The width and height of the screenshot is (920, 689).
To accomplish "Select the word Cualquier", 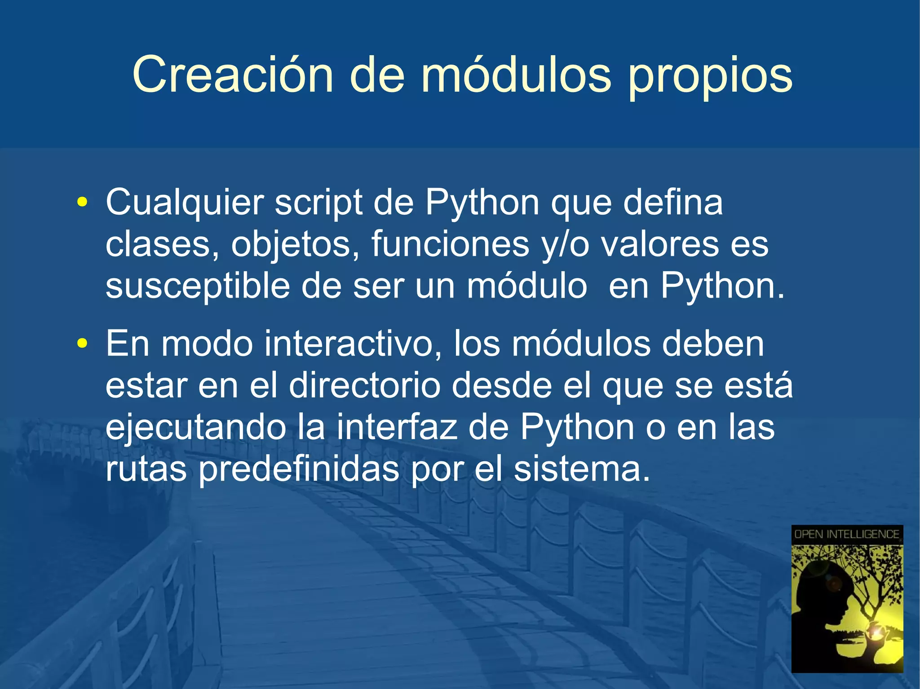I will pos(185,203).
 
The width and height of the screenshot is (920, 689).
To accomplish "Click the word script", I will pos(318,203).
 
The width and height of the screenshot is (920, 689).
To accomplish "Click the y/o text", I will pos(566,245).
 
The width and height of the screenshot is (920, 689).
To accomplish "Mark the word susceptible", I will pos(198,286).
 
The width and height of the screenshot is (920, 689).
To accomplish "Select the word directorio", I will pos(364,386).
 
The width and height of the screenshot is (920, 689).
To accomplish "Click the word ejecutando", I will pos(195,428).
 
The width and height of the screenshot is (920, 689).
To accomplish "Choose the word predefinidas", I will pos(299,470).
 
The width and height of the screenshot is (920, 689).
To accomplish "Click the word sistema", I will pos(582,469).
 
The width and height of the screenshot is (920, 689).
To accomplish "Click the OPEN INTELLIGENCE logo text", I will pos(847,534).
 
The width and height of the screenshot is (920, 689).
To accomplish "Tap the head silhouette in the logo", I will pos(824,597).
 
